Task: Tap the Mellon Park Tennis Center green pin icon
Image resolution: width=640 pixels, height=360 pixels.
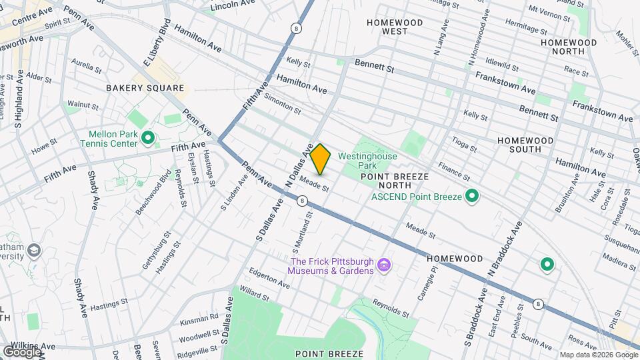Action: (x=148, y=138)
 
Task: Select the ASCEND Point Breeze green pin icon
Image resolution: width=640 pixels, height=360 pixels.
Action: (x=472, y=195)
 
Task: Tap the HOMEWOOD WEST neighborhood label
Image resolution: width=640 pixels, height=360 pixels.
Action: (x=395, y=27)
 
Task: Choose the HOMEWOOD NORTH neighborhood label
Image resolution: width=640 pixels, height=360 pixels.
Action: (x=569, y=47)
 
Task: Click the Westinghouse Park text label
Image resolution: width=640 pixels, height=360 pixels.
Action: (x=367, y=161)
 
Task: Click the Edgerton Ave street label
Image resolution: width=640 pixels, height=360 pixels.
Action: (x=269, y=277)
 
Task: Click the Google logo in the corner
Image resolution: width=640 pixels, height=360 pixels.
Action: (x=22, y=351)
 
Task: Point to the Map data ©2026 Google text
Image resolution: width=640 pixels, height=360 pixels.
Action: (x=598, y=355)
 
